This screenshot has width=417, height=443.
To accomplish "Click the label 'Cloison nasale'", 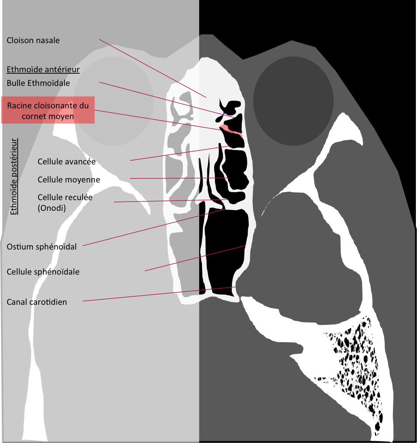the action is click(x=33, y=41).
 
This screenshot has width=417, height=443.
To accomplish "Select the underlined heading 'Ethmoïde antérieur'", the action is click(x=43, y=70).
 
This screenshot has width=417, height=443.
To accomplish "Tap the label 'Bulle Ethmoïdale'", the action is click(x=38, y=83).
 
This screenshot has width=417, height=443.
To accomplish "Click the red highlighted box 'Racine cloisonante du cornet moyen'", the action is click(x=48, y=110).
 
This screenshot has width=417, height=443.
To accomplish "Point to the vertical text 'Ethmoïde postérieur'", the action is click(x=14, y=177).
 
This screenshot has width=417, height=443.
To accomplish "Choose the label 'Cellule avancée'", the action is click(x=66, y=161).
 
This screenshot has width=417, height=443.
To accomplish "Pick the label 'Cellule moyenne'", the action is click(x=69, y=179).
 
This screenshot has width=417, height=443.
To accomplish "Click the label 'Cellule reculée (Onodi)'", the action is click(x=65, y=203).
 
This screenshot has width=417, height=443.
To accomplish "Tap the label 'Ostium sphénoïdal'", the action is click(x=42, y=247).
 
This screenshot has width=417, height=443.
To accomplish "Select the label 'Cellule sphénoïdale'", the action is click(x=43, y=272).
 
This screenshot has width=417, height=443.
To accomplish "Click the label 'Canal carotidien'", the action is click(x=37, y=302).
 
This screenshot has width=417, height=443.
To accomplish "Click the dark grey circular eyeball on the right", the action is click(x=293, y=101).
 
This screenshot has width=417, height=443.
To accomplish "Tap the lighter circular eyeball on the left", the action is click(x=114, y=101).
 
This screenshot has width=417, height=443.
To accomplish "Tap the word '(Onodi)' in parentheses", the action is click(x=52, y=208).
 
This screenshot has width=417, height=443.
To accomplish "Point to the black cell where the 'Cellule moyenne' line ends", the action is click(x=235, y=170).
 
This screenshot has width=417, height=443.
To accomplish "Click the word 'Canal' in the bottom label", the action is click(x=17, y=302).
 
